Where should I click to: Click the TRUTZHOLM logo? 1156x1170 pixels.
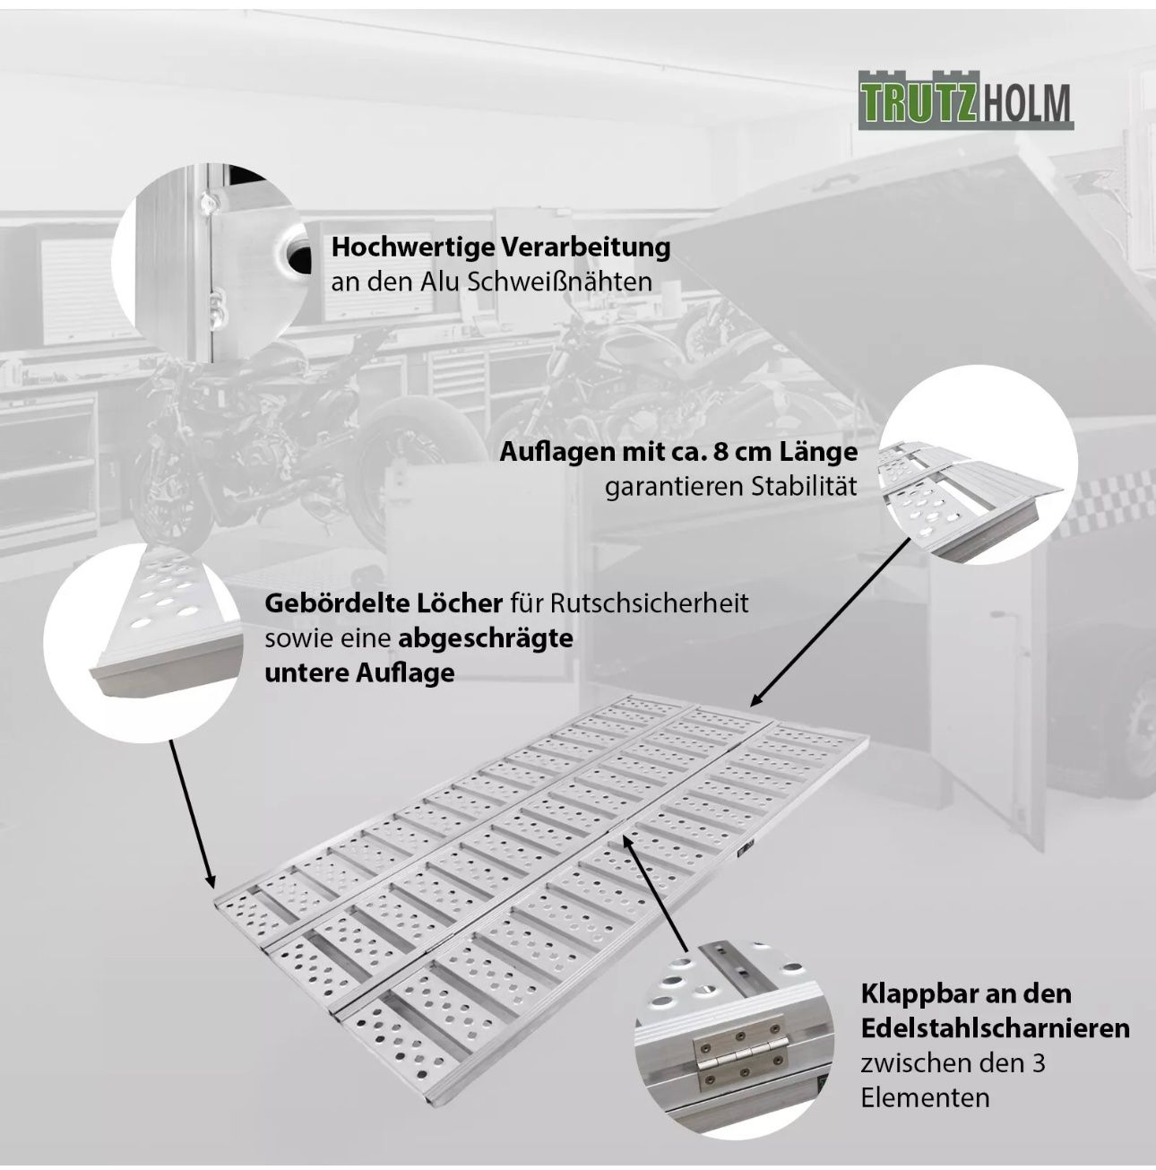click(965, 100)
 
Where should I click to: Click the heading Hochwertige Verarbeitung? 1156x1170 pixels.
click(501, 247)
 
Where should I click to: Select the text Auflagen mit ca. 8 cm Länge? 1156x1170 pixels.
click(678, 453)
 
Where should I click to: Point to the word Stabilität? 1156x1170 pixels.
click(804, 486)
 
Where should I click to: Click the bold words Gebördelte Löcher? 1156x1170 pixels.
click(384, 603)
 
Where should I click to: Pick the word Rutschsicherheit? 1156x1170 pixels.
click(650, 603)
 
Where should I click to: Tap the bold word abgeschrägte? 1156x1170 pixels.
click(486, 638)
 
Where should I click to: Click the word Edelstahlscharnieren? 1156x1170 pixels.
click(995, 1028)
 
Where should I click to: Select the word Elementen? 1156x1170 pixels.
click(926, 1097)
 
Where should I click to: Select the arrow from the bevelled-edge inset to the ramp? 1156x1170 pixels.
click(192, 814)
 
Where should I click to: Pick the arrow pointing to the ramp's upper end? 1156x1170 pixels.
click(830, 621)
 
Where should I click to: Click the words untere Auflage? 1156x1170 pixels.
click(359, 672)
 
